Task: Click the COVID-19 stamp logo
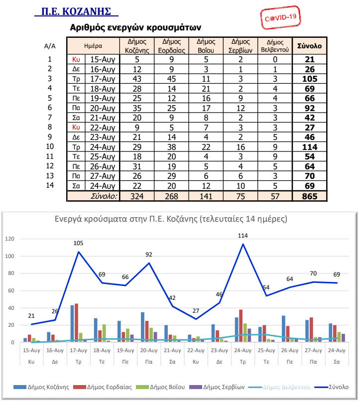(x=281, y=18)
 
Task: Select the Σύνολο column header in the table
(x=309, y=46)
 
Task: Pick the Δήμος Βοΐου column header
(x=206, y=46)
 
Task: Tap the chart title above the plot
(x=170, y=219)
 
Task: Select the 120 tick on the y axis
(x=9, y=239)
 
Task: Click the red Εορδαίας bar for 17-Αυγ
(x=76, y=323)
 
